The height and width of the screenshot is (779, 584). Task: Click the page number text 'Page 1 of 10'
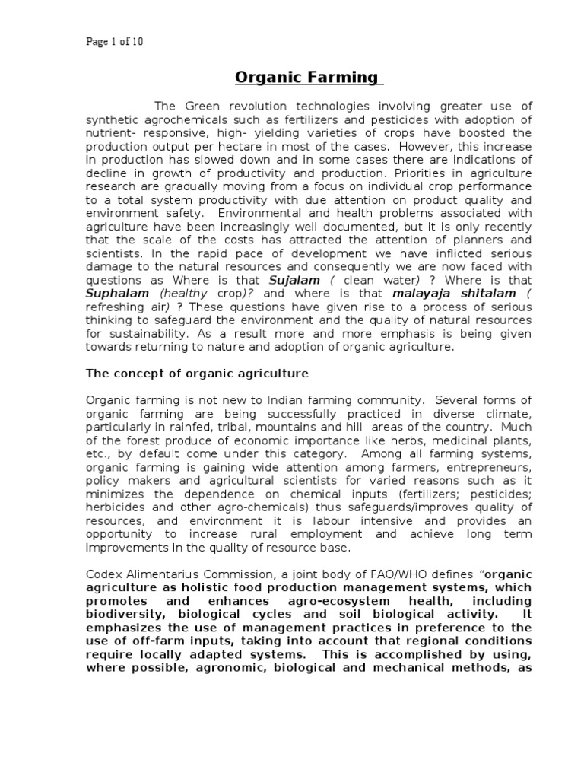[x=113, y=42]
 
